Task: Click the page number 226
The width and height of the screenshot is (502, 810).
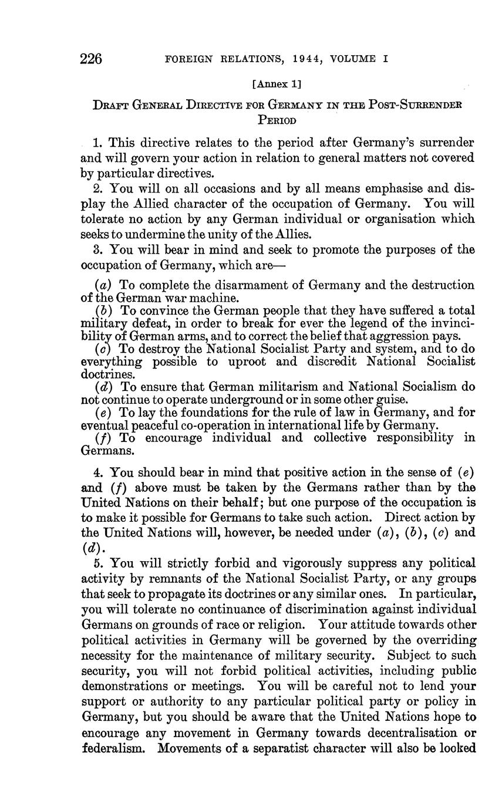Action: (92, 59)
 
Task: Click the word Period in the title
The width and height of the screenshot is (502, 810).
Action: (277, 120)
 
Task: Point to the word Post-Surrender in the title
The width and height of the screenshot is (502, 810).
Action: (415, 106)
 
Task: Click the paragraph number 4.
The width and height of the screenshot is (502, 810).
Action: (97, 471)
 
